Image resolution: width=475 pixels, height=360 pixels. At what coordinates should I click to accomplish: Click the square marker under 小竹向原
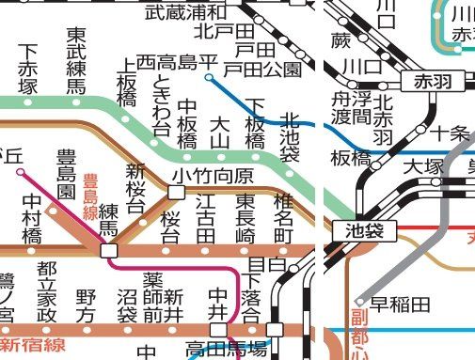pyautogui.click(x=175, y=193)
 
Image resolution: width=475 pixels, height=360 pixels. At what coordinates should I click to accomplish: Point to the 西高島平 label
pyautogui.click(x=177, y=62)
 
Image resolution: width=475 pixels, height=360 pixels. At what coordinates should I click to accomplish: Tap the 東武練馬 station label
pyautogui.click(x=77, y=59)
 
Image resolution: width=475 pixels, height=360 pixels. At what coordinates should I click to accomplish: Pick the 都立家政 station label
pyautogui.click(x=47, y=292)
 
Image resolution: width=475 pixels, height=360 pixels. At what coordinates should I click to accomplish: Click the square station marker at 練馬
pyautogui.click(x=109, y=251)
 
